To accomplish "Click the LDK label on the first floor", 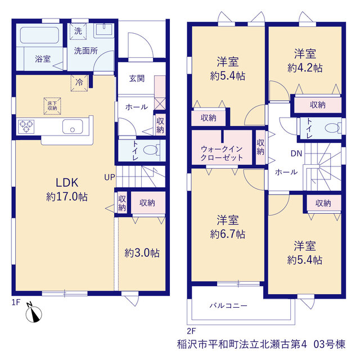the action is tap(67, 182).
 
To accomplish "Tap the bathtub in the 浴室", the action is tap(39, 35).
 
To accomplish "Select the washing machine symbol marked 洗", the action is tap(78, 31).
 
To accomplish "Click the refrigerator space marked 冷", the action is tap(79, 83).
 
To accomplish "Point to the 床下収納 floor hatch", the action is tap(52, 106).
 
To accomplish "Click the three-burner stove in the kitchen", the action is tap(26, 127).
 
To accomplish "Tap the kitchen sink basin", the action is tap(73, 127).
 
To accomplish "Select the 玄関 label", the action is tap(137, 79).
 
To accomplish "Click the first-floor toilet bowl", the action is tap(151, 150).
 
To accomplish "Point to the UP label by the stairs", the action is tap(110, 177).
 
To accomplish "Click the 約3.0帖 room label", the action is tap(142, 253).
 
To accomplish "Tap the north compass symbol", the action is tap(34, 314).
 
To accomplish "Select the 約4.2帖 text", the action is tap(305, 67).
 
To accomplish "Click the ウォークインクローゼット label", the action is tap(222, 154).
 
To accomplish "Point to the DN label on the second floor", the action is tap(296, 154).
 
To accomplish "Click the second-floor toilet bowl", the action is tap(332, 128).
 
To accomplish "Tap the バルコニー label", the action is tap(228, 305).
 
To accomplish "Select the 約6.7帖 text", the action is tap(228, 234).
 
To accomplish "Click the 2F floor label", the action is tap(191, 331).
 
